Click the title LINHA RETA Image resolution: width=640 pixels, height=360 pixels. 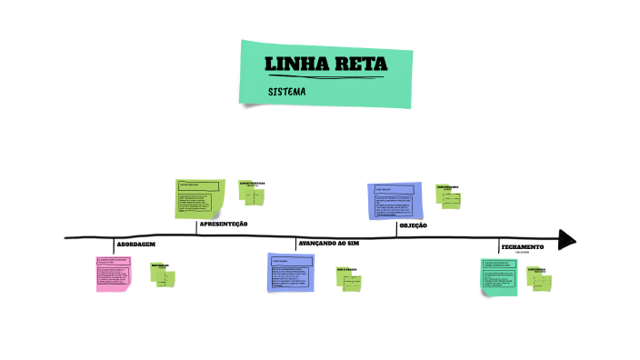click(325, 65)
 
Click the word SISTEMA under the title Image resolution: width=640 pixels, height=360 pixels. click(286, 92)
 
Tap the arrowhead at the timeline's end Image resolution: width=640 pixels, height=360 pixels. click(567, 239)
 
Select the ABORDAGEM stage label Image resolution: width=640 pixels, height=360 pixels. click(136, 245)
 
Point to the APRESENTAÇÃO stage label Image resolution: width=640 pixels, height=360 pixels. click(224, 224)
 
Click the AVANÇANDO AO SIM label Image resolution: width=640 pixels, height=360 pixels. click(329, 244)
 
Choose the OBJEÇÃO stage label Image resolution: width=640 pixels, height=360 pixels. click(414, 225)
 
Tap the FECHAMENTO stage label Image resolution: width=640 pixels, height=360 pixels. click(523, 246)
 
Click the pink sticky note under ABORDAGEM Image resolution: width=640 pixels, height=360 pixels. click(114, 274)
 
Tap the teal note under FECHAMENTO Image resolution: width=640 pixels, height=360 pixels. click(500, 276)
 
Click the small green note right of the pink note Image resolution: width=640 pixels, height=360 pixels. click(164, 277)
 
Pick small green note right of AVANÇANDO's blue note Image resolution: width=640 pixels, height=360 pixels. click(349, 279)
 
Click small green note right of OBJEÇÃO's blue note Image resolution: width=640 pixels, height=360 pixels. click(448, 197)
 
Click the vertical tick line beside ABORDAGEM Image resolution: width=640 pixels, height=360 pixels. click(115, 245)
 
